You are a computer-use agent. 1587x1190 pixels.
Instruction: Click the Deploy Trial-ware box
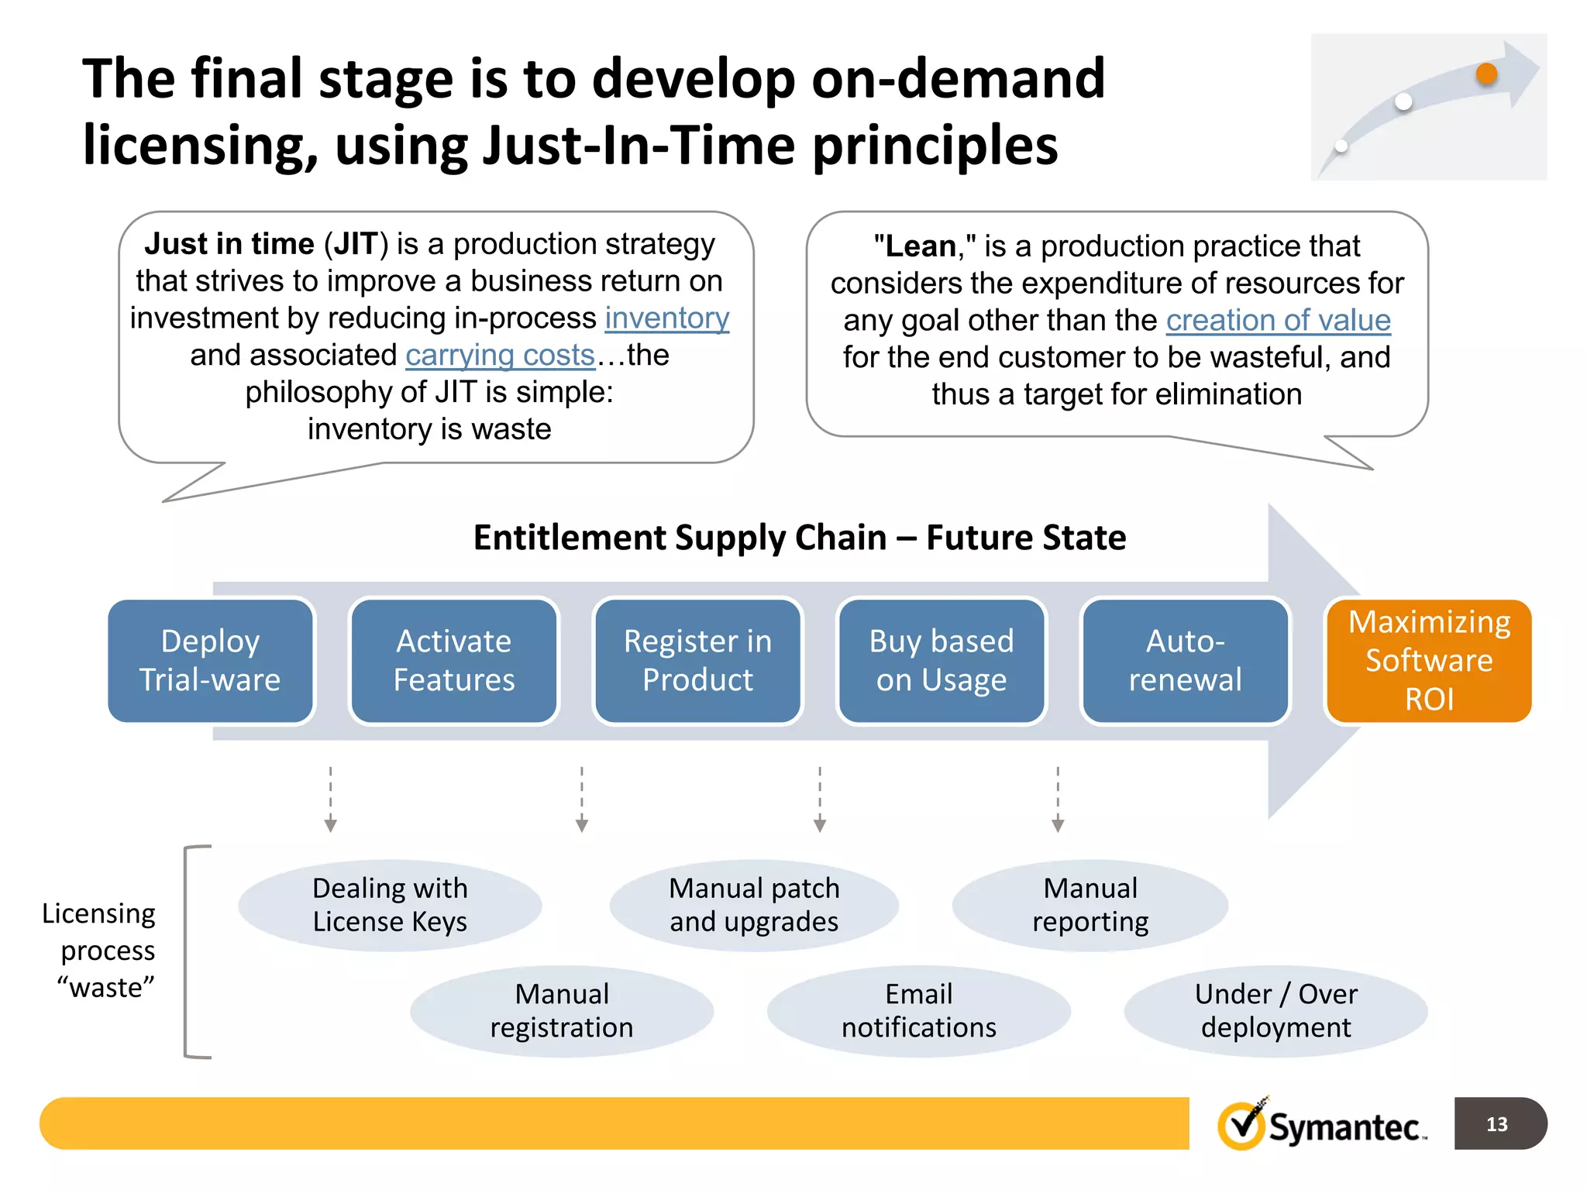click(210, 661)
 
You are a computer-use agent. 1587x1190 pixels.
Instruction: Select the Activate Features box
click(454, 661)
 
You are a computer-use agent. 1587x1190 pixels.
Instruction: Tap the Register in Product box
click(697, 661)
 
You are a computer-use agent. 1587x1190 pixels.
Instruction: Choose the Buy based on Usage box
click(942, 661)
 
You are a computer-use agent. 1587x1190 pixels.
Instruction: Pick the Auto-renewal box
click(1185, 661)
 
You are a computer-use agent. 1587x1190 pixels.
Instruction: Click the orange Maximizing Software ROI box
click(1428, 661)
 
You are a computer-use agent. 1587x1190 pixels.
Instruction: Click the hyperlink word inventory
click(666, 318)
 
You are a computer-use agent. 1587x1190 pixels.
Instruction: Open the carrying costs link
click(500, 356)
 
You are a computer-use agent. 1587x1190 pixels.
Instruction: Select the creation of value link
click(1278, 321)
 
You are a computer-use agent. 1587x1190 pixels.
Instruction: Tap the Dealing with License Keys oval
click(390, 905)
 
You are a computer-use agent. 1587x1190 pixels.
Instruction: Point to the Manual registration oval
click(562, 1011)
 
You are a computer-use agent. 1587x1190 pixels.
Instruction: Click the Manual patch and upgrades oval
click(754, 905)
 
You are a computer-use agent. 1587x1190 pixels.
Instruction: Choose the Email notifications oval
click(919, 1011)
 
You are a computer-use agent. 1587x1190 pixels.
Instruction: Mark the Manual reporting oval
click(1090, 905)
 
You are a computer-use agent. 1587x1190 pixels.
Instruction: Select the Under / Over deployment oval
click(1275, 1011)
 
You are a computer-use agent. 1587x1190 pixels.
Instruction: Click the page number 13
click(1496, 1124)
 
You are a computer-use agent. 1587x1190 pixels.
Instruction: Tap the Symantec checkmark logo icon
click(1242, 1125)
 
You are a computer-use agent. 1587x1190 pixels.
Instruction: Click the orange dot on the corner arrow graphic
click(1486, 74)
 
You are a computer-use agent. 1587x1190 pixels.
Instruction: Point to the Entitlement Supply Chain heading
click(800, 538)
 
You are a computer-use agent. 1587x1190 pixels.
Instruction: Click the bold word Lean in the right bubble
click(921, 246)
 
